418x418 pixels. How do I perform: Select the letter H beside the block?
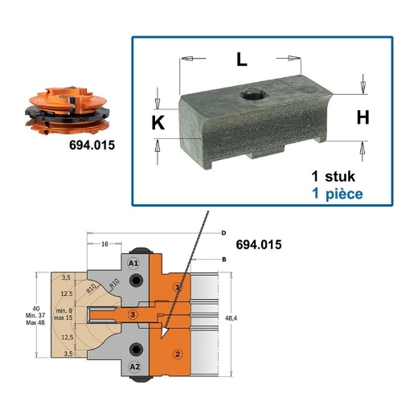[363, 117]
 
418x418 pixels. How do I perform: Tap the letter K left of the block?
[158, 122]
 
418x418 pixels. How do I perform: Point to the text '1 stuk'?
[334, 175]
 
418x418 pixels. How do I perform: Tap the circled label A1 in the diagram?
[133, 263]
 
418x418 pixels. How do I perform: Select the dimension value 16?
[105, 244]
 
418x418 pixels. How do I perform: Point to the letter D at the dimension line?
[222, 232]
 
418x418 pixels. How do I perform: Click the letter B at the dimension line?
[223, 260]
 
